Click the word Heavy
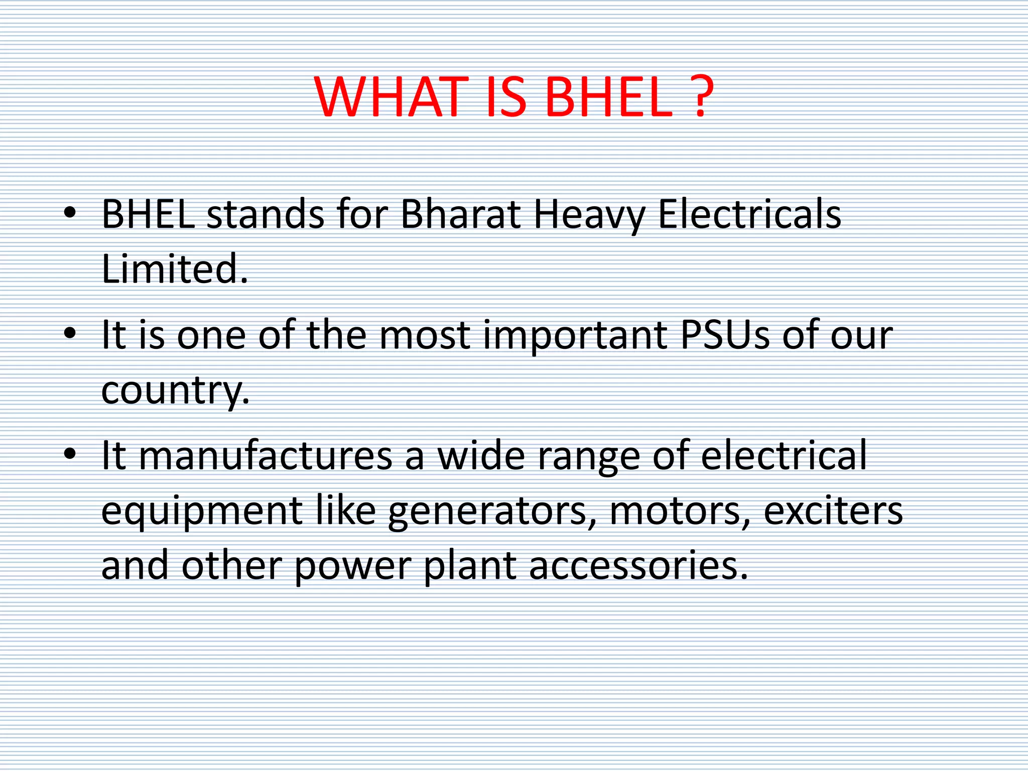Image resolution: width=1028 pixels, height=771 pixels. click(x=588, y=215)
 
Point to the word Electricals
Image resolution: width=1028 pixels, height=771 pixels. click(x=749, y=215)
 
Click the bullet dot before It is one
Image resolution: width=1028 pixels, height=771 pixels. click(x=70, y=333)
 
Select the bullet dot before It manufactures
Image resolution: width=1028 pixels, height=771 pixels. click(x=70, y=454)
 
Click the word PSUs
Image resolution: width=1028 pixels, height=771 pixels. click(x=725, y=335)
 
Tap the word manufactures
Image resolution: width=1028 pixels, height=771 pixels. click(x=265, y=456)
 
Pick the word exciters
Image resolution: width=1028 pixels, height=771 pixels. click(x=833, y=511)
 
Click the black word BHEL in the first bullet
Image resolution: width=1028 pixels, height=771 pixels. click(x=149, y=215)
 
